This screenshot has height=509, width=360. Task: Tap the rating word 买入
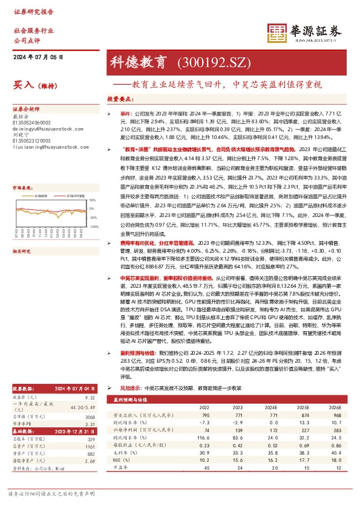[x=23, y=85]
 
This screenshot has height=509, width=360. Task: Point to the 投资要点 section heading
[x=120, y=98]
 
